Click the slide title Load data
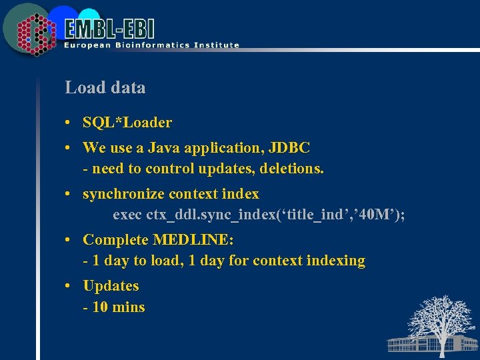(x=105, y=87)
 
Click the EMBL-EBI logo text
(x=110, y=29)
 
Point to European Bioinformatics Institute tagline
(x=151, y=45)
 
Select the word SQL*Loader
(x=127, y=123)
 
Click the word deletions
(x=290, y=169)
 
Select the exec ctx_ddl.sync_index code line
(x=259, y=215)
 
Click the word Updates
(x=111, y=286)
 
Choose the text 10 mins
(x=118, y=307)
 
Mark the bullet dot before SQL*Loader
(x=69, y=123)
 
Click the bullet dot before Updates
(x=69, y=287)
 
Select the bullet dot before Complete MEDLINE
(x=69, y=240)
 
